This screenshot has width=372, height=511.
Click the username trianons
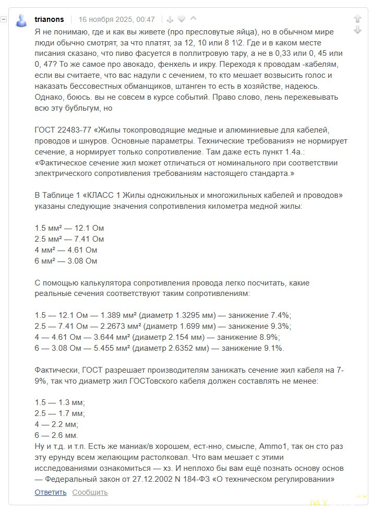(49, 19)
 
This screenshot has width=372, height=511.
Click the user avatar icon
(21, 20)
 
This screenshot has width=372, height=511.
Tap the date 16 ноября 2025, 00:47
(116, 19)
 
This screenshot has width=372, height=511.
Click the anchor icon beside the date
(169, 19)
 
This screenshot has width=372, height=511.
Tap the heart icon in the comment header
(182, 19)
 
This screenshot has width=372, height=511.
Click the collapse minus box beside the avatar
(4, 19)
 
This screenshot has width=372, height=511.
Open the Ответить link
(51, 492)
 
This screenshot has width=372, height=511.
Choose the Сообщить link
(90, 492)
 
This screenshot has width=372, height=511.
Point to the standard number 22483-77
(74, 130)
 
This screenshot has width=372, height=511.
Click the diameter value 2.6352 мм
(184, 348)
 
